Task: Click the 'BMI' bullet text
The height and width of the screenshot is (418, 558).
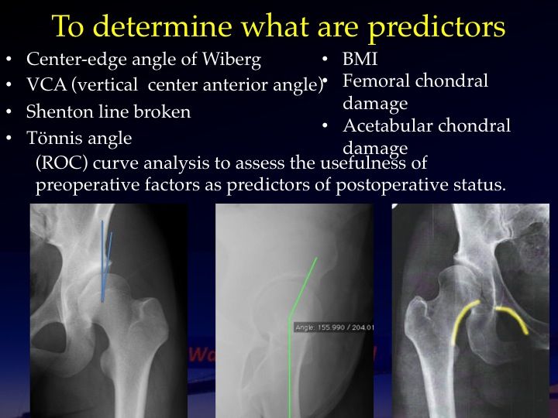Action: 360,59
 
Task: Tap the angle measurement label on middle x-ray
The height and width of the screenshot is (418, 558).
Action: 334,327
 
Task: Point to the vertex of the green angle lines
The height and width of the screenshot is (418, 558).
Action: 290,317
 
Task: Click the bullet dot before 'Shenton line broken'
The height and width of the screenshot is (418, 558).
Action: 9,111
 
